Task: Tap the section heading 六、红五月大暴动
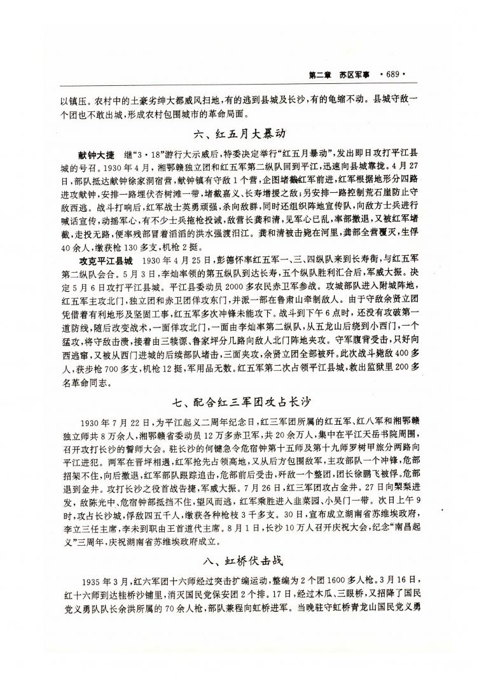point(238,135)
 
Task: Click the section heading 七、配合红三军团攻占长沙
point(238,401)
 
